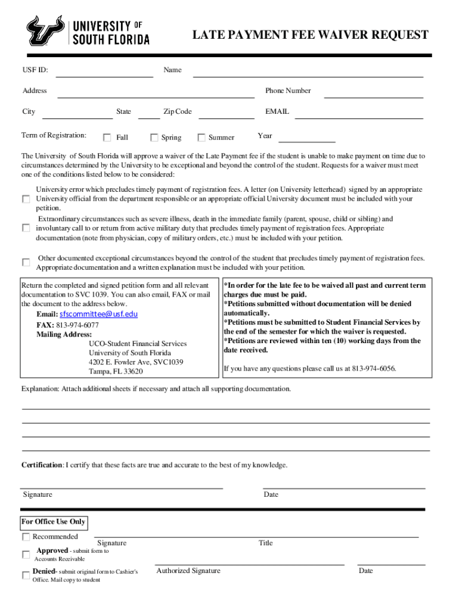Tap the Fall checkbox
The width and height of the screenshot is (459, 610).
[107, 138]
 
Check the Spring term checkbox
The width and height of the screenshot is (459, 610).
[154, 138]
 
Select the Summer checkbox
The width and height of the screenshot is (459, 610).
[201, 138]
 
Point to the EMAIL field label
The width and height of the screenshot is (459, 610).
[277, 111]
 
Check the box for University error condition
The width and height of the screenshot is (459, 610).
[26, 198]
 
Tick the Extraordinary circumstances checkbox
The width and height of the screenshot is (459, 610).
[26, 228]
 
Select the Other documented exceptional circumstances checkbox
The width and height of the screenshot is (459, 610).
[26, 262]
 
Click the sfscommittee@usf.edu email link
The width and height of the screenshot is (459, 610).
[98, 314]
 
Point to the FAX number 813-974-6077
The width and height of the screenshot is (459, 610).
[77, 325]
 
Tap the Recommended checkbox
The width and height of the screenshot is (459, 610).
[26, 537]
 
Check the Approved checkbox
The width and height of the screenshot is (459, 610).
[26, 555]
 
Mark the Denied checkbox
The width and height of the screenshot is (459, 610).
[26, 575]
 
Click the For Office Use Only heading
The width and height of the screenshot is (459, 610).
[54, 522]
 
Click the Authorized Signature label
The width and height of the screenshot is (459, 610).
[188, 571]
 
